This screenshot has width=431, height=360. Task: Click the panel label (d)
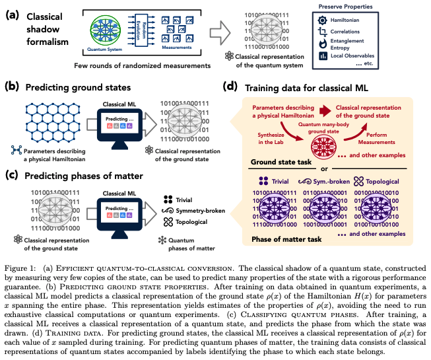click(230, 87)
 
